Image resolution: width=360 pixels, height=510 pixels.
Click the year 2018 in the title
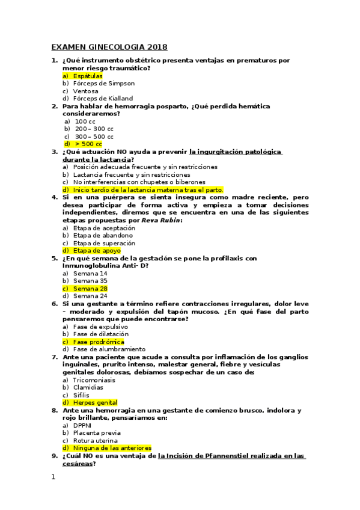(154, 48)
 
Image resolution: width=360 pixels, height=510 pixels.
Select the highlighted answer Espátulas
(88, 76)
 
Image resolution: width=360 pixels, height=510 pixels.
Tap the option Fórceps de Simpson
(103, 84)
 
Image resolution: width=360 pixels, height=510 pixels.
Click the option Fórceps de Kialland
(103, 99)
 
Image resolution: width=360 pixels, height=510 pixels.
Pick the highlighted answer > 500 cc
(88, 144)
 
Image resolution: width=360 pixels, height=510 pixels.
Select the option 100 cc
(85, 121)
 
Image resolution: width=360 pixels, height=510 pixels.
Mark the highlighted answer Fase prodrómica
(99, 342)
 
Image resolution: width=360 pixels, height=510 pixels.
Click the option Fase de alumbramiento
(109, 349)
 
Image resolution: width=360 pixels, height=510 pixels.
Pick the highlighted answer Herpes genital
(95, 402)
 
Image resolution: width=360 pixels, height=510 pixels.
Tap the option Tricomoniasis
(95, 380)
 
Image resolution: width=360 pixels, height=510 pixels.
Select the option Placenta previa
(97, 433)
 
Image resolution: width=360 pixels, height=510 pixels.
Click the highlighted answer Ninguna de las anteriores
(112, 448)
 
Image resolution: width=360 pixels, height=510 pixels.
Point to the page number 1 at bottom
(53, 477)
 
